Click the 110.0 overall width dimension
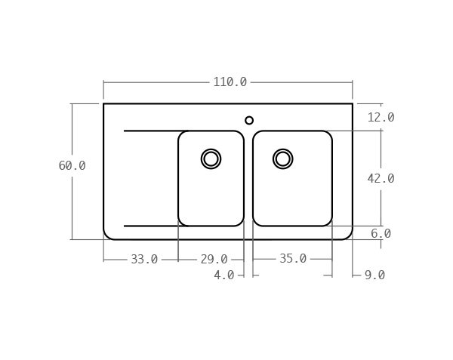click(x=230, y=82)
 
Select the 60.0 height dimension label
click(x=72, y=166)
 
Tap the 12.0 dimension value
click(x=381, y=118)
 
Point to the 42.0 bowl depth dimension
click(x=381, y=179)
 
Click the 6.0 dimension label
click(x=381, y=234)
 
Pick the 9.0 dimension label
click(x=374, y=275)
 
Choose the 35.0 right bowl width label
click(x=293, y=259)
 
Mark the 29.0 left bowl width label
click(x=214, y=260)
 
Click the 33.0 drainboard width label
click(x=144, y=260)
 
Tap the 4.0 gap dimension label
click(x=223, y=275)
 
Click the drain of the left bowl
click(x=211, y=158)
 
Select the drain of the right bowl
click(x=283, y=158)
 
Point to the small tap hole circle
click(x=249, y=120)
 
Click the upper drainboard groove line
click(x=151, y=131)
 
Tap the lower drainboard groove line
click(x=151, y=226)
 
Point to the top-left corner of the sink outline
click(x=103, y=103)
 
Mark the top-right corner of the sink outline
click(x=353, y=103)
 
